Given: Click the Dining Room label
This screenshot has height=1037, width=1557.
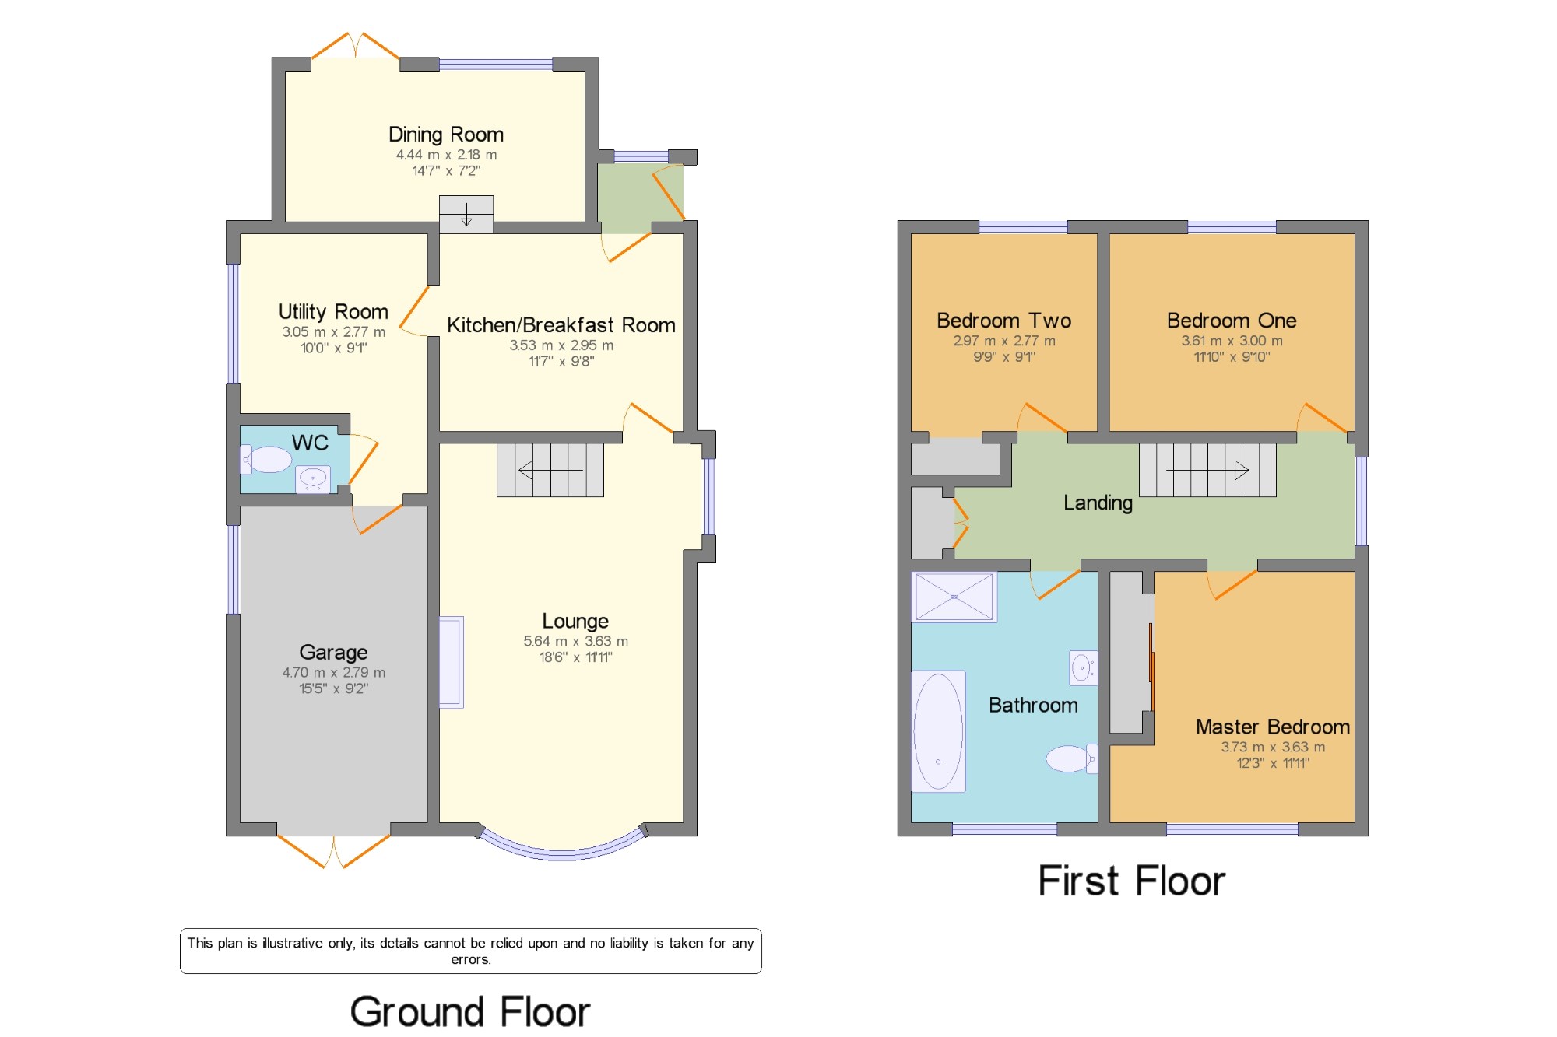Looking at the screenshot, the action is click(446, 135).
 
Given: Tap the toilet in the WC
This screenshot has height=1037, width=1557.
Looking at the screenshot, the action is click(266, 459).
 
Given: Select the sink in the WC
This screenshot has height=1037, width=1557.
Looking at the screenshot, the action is click(313, 478).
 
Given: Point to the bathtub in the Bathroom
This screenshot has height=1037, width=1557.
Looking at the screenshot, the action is click(939, 731).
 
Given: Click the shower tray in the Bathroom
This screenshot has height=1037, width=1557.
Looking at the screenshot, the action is click(954, 597).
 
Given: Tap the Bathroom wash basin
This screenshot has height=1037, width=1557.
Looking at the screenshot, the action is click(1083, 667).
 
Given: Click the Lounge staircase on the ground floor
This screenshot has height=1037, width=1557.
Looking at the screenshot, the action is click(550, 470).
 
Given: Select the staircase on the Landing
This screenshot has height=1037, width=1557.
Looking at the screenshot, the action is click(1207, 470).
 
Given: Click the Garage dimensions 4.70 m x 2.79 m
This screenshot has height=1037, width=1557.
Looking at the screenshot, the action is click(333, 672).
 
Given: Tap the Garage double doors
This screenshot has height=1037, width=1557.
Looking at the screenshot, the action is click(333, 851).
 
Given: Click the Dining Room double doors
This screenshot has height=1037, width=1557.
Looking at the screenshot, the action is click(356, 45).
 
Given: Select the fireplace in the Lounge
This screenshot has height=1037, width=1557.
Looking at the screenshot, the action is click(452, 662).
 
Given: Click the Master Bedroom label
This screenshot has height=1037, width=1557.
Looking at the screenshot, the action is click(1273, 727).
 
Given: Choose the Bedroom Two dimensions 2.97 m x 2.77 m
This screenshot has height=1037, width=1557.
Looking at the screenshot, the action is click(1004, 341).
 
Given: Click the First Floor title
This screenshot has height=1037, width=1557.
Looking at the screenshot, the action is click(1132, 881).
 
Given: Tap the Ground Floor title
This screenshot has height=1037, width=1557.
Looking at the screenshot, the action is click(470, 1012).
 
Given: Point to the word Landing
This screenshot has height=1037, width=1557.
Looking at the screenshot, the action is click(1098, 503).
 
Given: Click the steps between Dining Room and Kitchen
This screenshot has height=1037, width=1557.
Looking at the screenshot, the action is click(466, 214).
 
